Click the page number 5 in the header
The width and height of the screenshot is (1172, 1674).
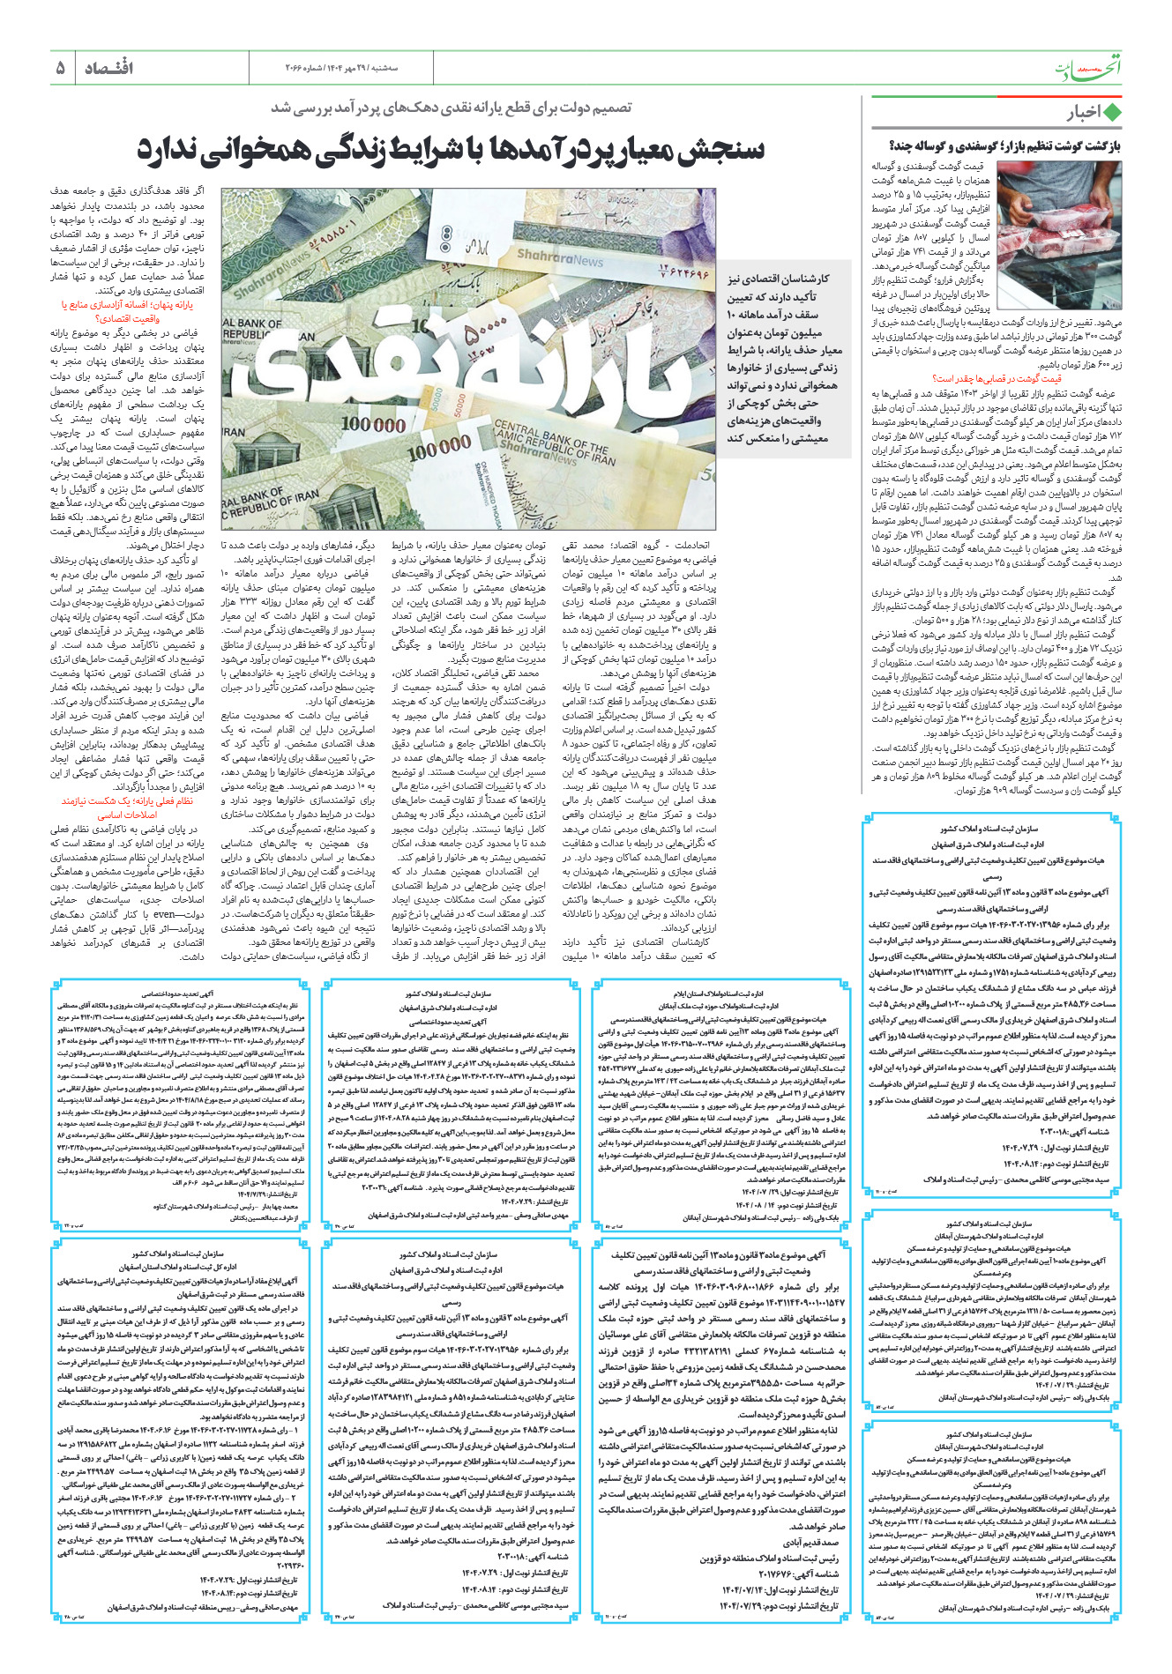60,68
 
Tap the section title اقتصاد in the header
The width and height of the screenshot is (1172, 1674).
108,68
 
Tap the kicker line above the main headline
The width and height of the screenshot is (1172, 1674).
451,108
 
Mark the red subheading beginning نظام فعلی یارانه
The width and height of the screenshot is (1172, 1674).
127,807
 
